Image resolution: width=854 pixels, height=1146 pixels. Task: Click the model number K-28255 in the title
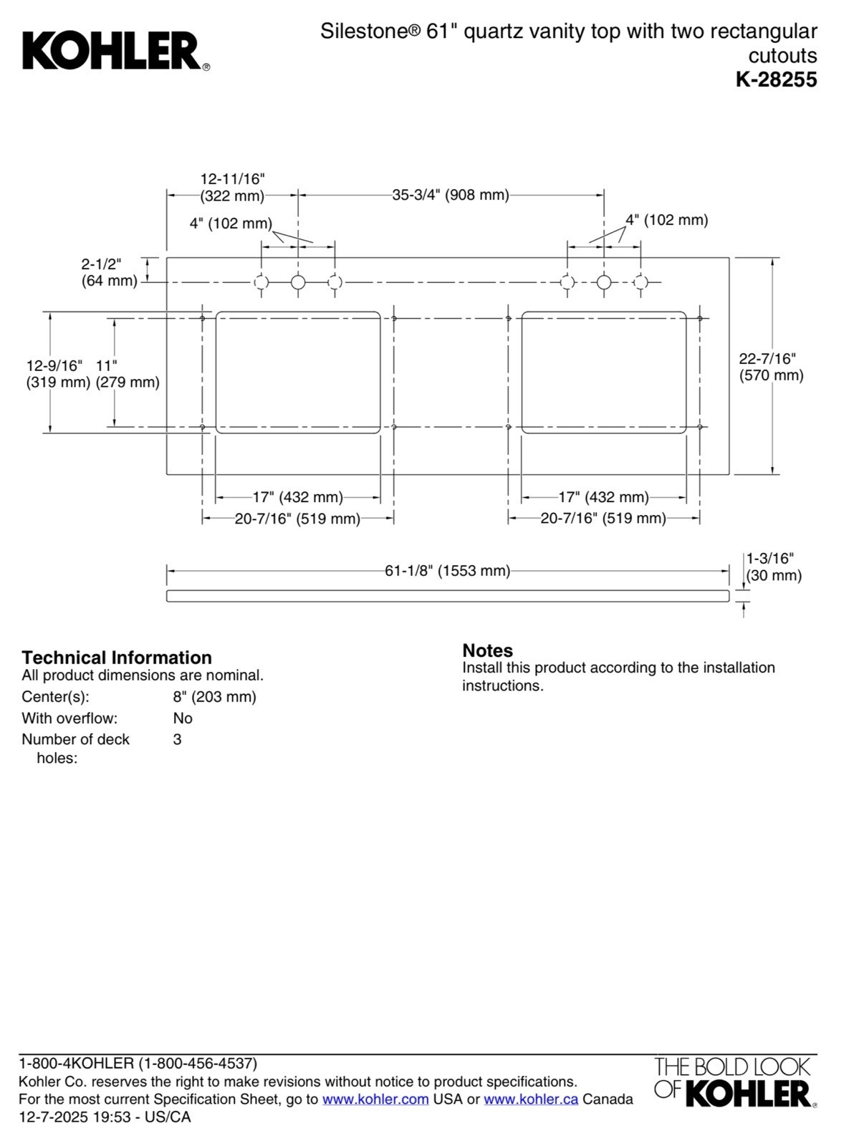pyautogui.click(x=777, y=80)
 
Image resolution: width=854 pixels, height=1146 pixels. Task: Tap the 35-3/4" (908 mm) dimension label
pyautogui.click(x=450, y=196)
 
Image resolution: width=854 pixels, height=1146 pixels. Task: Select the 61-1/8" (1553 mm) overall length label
pyautogui.click(x=447, y=571)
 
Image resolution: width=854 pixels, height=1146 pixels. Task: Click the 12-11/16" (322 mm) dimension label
pyautogui.click(x=232, y=187)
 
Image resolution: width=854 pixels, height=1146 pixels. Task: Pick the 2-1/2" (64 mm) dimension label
pyautogui.click(x=109, y=272)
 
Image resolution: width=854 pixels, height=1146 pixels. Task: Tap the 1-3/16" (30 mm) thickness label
pyautogui.click(x=773, y=567)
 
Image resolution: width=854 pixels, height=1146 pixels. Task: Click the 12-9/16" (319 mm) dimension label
pyautogui.click(x=58, y=374)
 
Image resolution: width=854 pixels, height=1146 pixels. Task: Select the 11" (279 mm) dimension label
pyautogui.click(x=128, y=374)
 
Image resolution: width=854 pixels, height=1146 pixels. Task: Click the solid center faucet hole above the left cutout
pyautogui.click(x=298, y=283)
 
